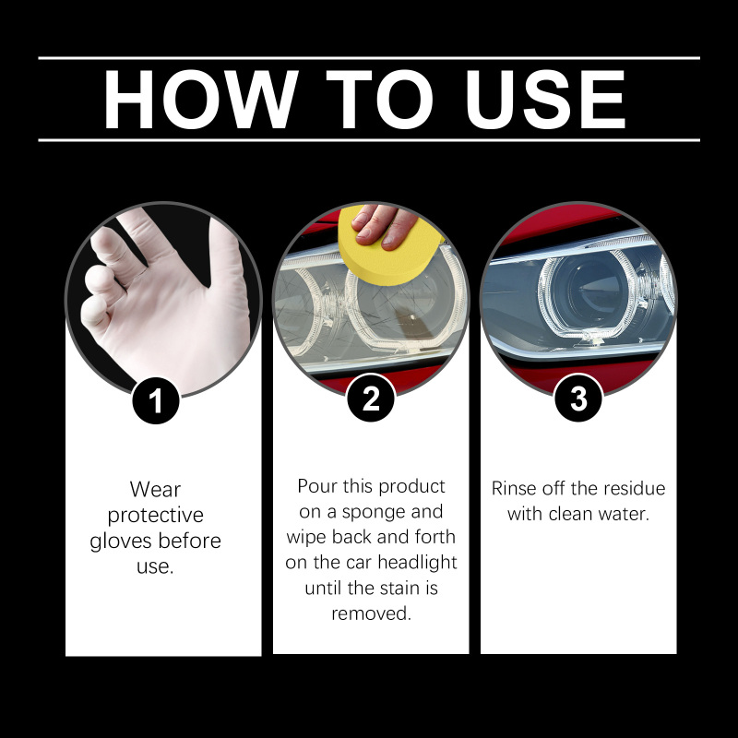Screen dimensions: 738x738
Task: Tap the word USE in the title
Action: tap(545, 100)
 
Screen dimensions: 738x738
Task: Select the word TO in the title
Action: tap(379, 100)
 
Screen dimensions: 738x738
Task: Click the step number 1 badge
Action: tap(156, 400)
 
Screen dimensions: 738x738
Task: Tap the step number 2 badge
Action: tap(371, 399)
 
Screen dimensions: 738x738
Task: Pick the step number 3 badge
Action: tap(578, 399)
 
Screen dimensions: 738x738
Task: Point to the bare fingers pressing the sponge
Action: tap(384, 225)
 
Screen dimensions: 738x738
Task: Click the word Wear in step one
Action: tap(155, 490)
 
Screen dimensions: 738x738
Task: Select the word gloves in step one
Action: tap(123, 542)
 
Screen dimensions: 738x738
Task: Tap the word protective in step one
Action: tap(155, 516)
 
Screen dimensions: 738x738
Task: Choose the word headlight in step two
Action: tap(417, 562)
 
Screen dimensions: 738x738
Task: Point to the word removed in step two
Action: tap(372, 613)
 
